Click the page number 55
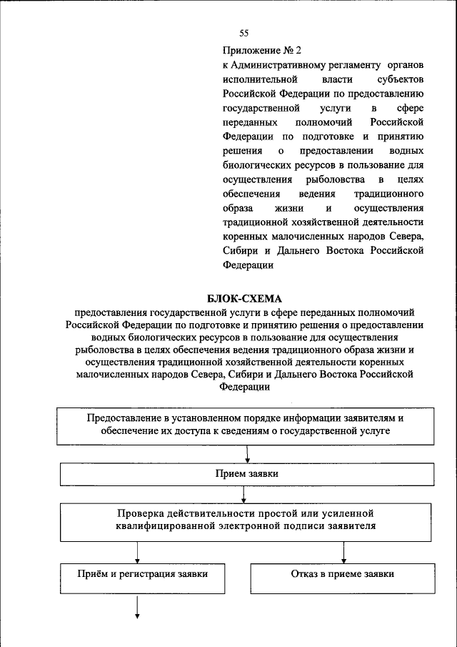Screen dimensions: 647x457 click(x=243, y=33)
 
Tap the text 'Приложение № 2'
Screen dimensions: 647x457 click(x=262, y=50)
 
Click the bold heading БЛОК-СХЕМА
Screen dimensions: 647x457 click(x=245, y=298)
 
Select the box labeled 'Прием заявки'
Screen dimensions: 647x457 click(x=246, y=475)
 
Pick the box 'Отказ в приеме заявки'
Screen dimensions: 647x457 click(x=343, y=574)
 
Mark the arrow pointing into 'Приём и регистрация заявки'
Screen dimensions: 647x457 click(x=137, y=552)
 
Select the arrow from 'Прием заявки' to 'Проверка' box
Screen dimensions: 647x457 click(x=247, y=495)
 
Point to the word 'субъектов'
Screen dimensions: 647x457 click(x=401, y=79)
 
